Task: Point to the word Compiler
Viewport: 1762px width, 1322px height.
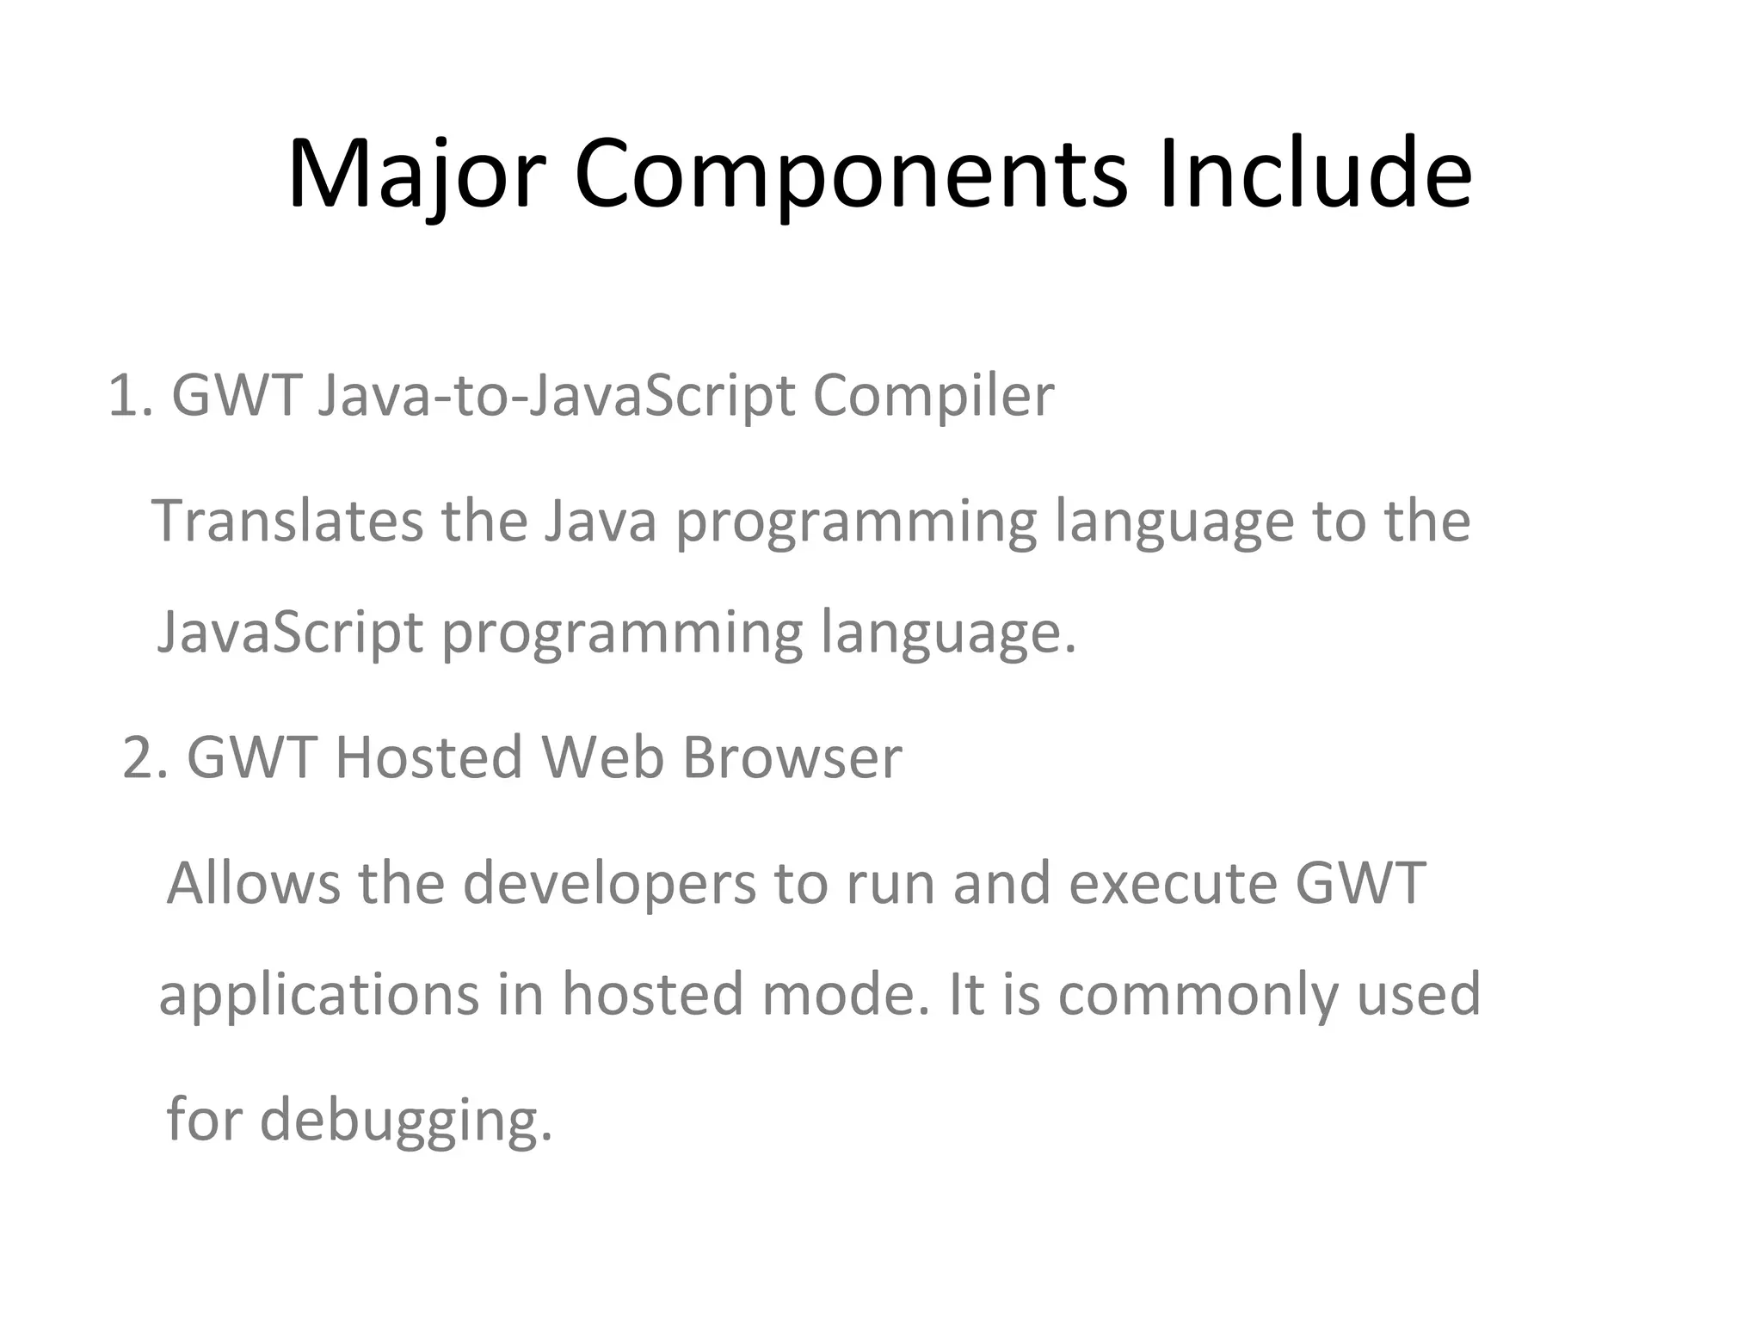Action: pyautogui.click(x=933, y=396)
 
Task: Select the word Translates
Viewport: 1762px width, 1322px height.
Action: pyautogui.click(x=287, y=521)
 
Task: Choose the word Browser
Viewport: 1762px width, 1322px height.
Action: pyautogui.click(x=792, y=758)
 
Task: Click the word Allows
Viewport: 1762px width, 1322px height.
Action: pyautogui.click(x=254, y=883)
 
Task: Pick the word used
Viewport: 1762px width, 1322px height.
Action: pyautogui.click(x=1419, y=994)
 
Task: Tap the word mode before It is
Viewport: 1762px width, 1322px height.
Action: pyautogui.click(x=847, y=994)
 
